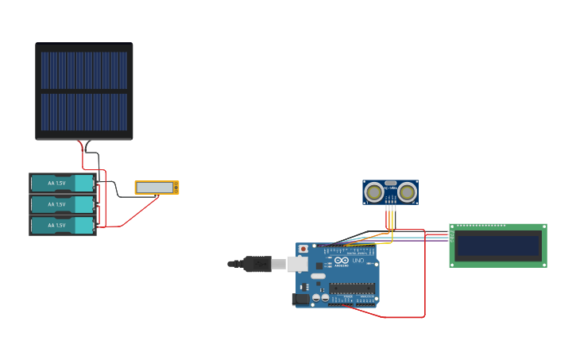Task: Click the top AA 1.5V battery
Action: (x=62, y=184)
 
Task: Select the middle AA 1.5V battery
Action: (x=62, y=205)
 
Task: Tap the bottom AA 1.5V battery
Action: (x=62, y=226)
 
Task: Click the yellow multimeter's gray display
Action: (x=155, y=188)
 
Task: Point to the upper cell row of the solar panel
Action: (x=83, y=71)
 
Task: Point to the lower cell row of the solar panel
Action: (x=83, y=112)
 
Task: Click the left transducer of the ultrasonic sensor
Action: (x=373, y=192)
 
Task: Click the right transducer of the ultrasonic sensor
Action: (x=408, y=192)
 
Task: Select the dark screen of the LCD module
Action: (x=498, y=246)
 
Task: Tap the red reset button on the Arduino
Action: (x=303, y=249)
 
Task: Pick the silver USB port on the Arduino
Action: (x=297, y=264)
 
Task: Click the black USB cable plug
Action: (x=257, y=263)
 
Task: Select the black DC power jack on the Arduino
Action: (x=300, y=300)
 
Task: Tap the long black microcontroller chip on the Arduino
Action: (x=352, y=288)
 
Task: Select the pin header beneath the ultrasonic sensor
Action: (x=390, y=207)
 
